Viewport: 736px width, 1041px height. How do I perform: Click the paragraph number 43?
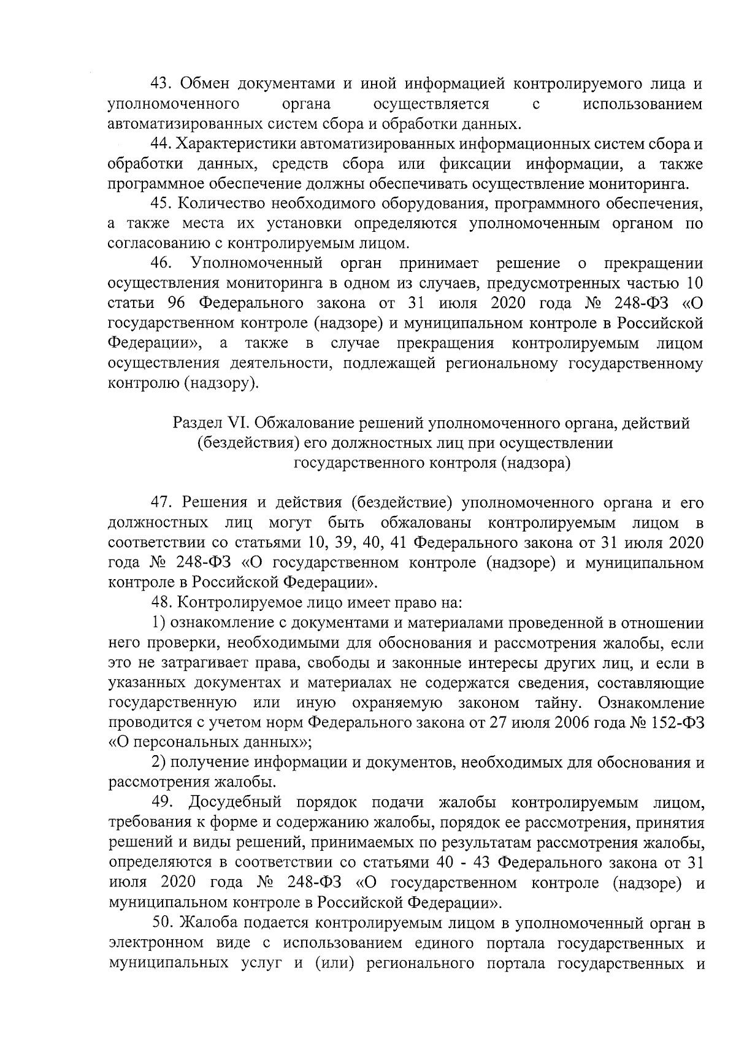click(163, 83)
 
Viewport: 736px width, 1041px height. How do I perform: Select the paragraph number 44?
click(163, 144)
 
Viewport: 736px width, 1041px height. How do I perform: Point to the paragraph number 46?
click(163, 264)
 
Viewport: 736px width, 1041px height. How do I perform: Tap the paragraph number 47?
click(163, 503)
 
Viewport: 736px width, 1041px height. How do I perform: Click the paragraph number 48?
click(163, 603)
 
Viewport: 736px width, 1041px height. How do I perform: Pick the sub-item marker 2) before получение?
click(159, 763)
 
